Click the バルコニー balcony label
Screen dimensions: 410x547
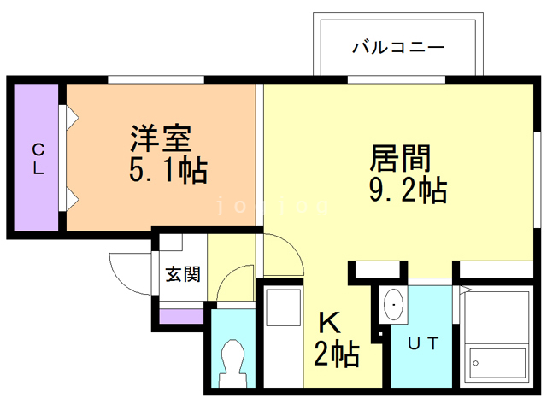[398, 47]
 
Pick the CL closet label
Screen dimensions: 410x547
[38, 158]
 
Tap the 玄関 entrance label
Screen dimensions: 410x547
[182, 274]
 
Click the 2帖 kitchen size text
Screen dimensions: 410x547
[336, 352]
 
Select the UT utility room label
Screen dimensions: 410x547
[423, 344]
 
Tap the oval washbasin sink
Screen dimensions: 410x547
[395, 306]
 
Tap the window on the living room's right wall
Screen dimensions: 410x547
[537, 158]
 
